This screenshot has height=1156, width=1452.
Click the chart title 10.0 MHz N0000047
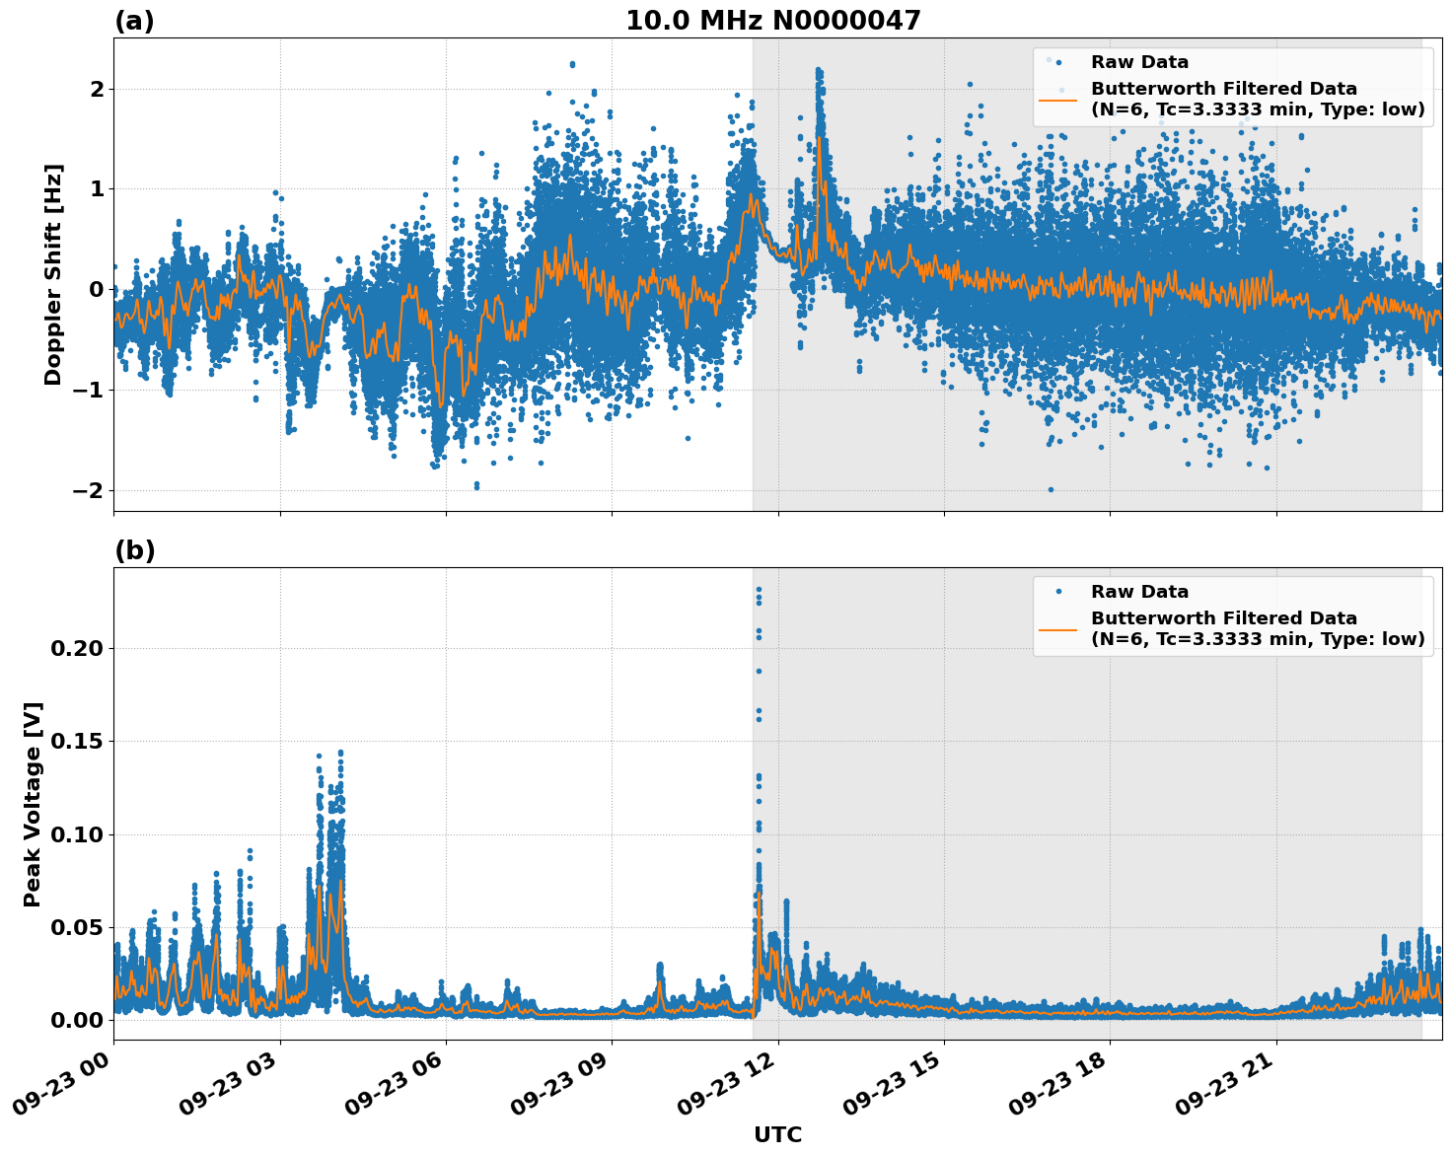point(772,21)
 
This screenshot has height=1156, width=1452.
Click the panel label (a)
point(134,21)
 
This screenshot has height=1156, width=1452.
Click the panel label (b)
point(134,550)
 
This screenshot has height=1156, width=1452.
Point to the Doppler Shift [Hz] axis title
point(53,274)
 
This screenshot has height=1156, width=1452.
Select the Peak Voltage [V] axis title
point(33,804)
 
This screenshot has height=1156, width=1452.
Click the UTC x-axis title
point(777,1134)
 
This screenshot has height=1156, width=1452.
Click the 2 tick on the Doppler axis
point(97,89)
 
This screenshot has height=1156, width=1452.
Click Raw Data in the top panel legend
point(1139,62)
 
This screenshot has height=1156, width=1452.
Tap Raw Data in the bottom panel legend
point(1139,592)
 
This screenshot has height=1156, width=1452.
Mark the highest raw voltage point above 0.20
point(759,590)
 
